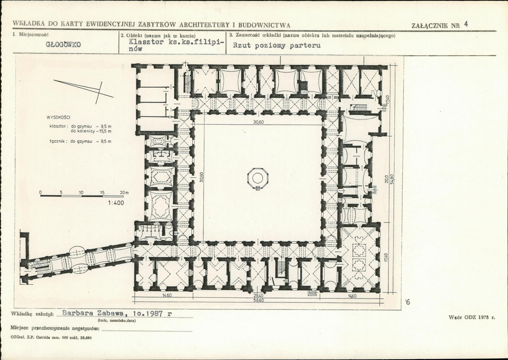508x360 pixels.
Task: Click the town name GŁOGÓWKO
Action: [64, 44]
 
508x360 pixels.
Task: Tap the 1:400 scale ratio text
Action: [116, 203]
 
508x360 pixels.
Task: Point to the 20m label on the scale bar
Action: [124, 192]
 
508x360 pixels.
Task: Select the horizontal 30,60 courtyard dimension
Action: [258, 122]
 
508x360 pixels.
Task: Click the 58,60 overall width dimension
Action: [258, 300]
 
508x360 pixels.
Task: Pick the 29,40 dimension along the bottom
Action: [258, 296]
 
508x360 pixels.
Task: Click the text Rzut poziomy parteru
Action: [277, 45]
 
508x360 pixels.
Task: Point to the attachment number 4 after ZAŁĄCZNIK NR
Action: [466, 24]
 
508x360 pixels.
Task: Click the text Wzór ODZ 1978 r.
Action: [472, 318]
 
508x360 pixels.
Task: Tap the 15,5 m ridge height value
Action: [104, 131]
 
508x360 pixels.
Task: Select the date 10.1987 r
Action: [153, 313]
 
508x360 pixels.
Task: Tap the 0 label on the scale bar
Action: [41, 192]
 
